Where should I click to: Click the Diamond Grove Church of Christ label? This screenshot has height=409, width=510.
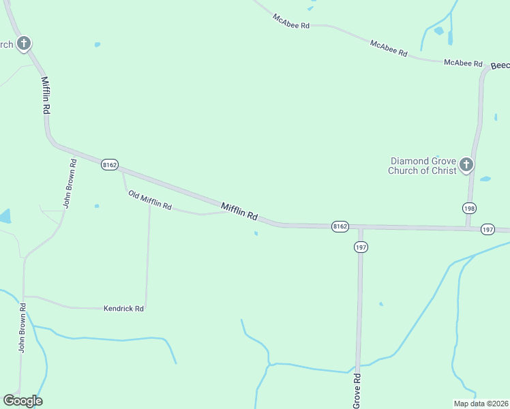pyautogui.click(x=422, y=166)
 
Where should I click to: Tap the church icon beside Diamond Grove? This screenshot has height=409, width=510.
pyautogui.click(x=466, y=164)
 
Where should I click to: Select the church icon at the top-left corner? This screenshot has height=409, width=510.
pyautogui.click(x=24, y=44)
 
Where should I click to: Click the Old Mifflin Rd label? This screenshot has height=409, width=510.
pyautogui.click(x=150, y=200)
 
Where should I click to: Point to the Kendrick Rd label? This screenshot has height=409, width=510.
pyautogui.click(x=123, y=309)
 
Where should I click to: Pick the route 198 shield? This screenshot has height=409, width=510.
pyautogui.click(x=469, y=208)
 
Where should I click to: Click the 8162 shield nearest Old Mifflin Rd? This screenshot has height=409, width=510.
pyautogui.click(x=110, y=165)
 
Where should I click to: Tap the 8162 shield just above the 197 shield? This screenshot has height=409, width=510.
pyautogui.click(x=340, y=226)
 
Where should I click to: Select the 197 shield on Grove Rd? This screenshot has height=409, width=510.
pyautogui.click(x=361, y=247)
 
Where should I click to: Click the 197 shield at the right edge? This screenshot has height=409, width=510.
pyautogui.click(x=487, y=230)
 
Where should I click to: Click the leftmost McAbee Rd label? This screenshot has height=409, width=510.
pyautogui.click(x=291, y=20)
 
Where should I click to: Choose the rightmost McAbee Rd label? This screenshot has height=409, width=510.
pyautogui.click(x=463, y=63)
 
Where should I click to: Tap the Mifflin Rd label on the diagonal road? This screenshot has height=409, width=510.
pyautogui.click(x=239, y=211)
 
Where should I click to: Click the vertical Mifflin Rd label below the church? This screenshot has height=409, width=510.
pyautogui.click(x=46, y=95)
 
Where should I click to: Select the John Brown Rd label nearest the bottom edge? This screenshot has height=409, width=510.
pyautogui.click(x=22, y=333)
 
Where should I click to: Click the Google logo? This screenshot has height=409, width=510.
pyautogui.click(x=22, y=401)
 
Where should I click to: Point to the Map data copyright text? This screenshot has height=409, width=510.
pyautogui.click(x=481, y=404)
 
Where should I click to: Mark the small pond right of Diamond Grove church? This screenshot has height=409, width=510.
pyautogui.click(x=485, y=179)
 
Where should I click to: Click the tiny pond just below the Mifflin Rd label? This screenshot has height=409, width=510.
pyautogui.click(x=256, y=234)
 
